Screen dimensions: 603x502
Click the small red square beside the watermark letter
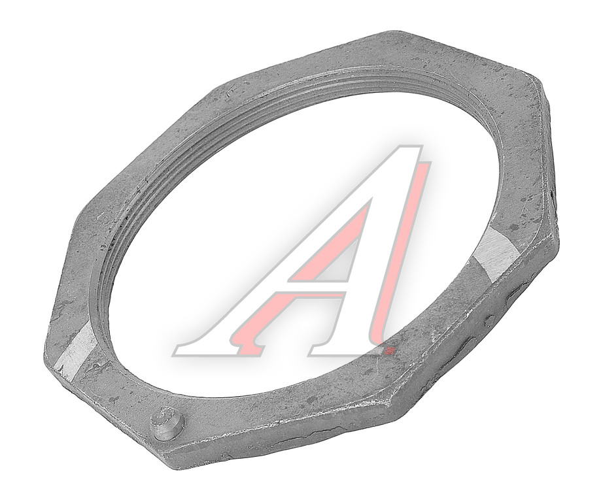pos(391,350)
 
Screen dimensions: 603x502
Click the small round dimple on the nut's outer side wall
pos(489,320)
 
